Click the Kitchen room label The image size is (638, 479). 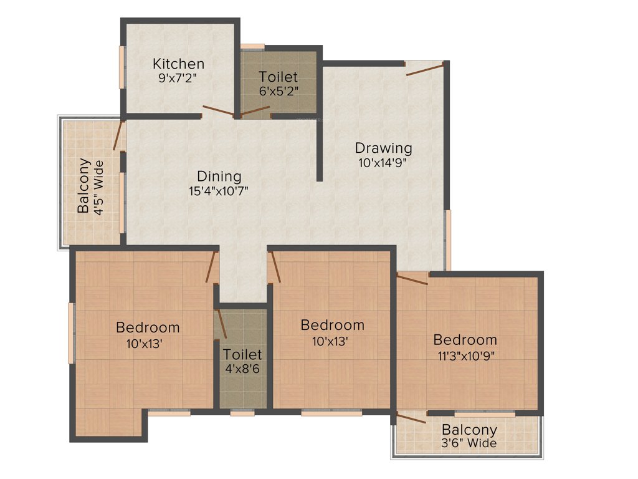pos(178,64)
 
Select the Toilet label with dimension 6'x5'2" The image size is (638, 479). pos(279,77)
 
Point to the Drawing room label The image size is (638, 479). pos(383,148)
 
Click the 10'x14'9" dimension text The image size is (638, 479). pos(383,163)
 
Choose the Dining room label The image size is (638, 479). pos(219,177)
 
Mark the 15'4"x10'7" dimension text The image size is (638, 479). pos(219,191)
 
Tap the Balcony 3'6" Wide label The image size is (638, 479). pos(469,436)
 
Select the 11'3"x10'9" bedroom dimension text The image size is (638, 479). pos(465,356)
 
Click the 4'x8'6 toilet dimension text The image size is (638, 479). pos(242,369)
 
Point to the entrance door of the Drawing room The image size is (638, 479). pos(425,68)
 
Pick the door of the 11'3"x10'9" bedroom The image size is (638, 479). pos(412,279)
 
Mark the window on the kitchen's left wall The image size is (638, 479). pos(123,62)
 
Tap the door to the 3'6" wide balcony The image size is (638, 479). pos(411,418)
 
